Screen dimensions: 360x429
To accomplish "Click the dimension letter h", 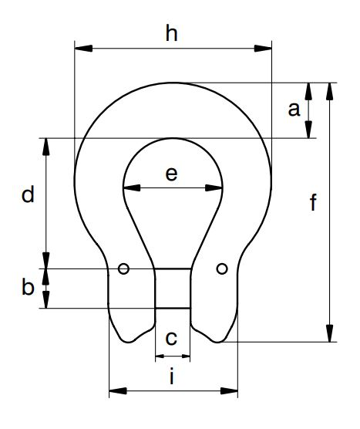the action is pos(172,33).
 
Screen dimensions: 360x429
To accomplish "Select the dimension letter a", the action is pos(294,109).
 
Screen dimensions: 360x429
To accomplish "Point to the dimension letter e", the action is pos(171,174).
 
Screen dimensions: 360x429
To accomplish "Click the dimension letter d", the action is pos(28,194).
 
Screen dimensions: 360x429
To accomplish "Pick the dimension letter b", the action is pos(28,286).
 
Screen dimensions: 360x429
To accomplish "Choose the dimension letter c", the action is pos(171,338).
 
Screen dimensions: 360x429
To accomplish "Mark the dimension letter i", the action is pos(172,377).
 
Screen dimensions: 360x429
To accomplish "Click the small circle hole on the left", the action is pos(123,269).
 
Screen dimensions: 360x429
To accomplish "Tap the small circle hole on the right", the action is pos(222,269).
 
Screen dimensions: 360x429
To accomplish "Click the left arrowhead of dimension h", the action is pos(83,49).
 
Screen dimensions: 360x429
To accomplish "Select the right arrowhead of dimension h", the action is pos(263,49).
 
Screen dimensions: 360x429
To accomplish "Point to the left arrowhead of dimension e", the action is pos(132,188).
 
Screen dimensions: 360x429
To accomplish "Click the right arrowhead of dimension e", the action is pos(214,188).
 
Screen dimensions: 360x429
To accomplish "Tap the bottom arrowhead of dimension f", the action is pos(330,333).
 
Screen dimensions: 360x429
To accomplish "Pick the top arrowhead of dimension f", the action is pos(330,91).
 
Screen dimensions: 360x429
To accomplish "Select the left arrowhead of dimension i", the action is pos(118,390).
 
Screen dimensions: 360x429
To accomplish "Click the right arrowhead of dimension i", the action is pos(229,390).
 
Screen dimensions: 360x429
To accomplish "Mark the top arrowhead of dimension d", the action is pos(46,147).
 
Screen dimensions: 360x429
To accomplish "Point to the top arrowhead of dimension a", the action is pos(308,91).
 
